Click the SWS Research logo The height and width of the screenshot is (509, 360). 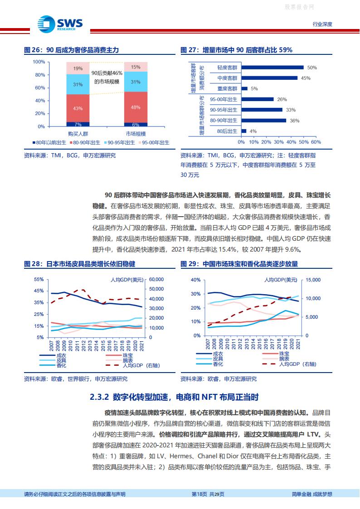click(54, 23)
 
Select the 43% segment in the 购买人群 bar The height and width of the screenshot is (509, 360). click(78, 108)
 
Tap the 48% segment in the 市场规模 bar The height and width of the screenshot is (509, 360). click(136, 107)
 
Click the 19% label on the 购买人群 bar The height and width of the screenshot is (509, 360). click(78, 68)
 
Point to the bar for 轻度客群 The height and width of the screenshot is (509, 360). click(272, 68)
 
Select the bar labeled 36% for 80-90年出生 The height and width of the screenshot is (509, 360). click(264, 121)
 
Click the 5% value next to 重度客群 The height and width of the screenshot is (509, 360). click(254, 89)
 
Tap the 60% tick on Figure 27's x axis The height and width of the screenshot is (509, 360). click(316, 142)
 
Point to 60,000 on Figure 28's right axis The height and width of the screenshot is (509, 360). click(156, 280)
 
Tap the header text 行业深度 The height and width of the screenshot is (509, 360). click(322, 24)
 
